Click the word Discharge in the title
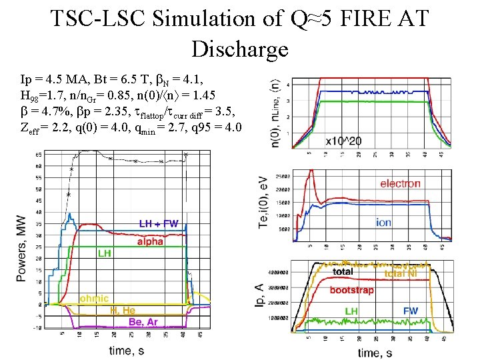point(239,49)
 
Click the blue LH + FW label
point(159,224)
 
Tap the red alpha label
point(150,241)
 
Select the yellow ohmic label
point(94,298)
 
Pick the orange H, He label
point(123,310)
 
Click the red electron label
point(400,183)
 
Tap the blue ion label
point(383,223)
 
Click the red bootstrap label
point(351,290)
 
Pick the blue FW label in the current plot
point(411,311)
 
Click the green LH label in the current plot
point(351,311)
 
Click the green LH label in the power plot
point(104,253)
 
